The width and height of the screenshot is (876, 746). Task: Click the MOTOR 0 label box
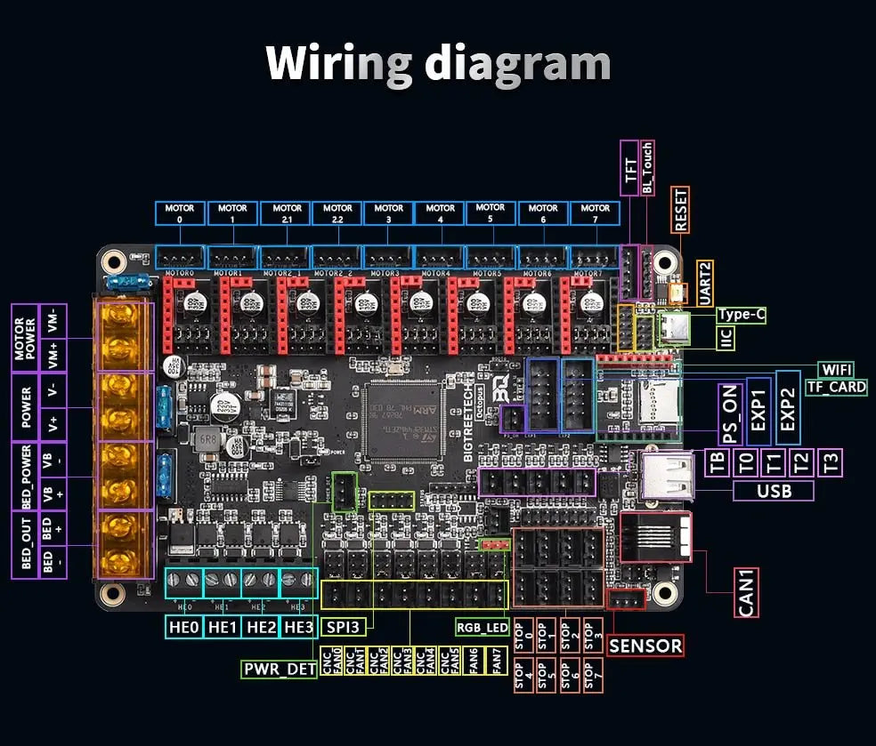(181, 213)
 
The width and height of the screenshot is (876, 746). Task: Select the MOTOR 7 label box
(596, 213)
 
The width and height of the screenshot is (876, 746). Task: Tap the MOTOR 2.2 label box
(337, 213)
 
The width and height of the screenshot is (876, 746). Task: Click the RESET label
(682, 210)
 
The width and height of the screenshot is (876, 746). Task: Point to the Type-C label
(741, 315)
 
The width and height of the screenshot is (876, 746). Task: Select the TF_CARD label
(837, 387)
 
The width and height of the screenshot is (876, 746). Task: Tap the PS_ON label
(731, 415)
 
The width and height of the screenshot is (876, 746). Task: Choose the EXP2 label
(788, 408)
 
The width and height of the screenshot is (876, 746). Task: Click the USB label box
(774, 491)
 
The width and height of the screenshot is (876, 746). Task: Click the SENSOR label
(645, 646)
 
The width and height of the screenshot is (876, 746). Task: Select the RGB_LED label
(482, 627)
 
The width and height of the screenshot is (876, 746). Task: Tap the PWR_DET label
(280, 669)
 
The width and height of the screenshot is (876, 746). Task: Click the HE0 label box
(183, 627)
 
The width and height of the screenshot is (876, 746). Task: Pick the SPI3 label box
(342, 627)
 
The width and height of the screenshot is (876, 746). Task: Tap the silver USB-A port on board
(666, 473)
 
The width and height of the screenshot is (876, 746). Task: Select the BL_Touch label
(648, 167)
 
